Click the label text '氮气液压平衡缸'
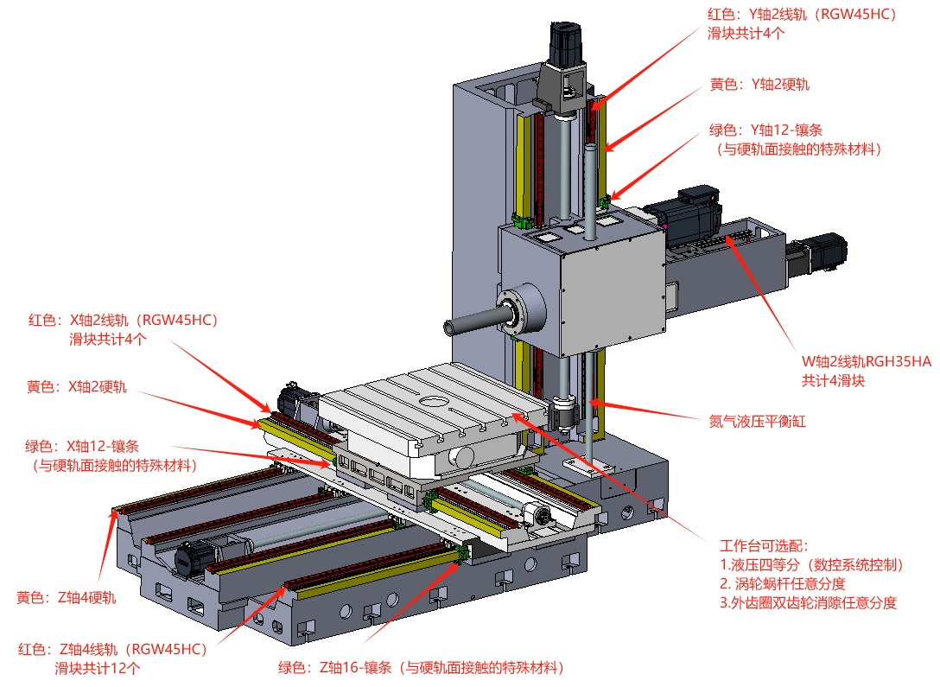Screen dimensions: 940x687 pos(757,422)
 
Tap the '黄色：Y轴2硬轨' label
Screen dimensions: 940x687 pos(759,85)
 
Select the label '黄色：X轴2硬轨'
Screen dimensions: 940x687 pos(77,386)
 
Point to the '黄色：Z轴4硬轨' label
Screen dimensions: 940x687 pos(66,598)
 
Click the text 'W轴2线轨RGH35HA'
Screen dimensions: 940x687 pos(867,361)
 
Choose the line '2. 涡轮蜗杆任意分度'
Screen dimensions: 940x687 pos(783,583)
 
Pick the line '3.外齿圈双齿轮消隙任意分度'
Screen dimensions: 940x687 pos(808,602)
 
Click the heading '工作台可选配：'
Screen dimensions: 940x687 pos(765,545)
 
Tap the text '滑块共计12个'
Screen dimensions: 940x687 pos(97,668)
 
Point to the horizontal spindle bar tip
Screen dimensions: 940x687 pos(449,328)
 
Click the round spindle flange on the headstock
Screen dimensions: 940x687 pos(520,310)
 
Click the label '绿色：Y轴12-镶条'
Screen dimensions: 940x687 pos(765,130)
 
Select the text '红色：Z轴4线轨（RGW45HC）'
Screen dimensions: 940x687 pos(112,649)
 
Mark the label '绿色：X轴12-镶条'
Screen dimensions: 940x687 pos(82,447)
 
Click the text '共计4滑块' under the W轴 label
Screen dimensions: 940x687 pos(833,381)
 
